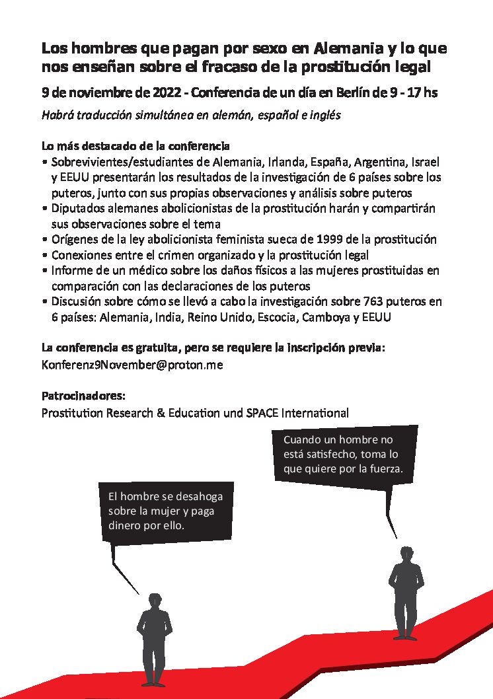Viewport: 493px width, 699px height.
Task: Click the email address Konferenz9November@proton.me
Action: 132,365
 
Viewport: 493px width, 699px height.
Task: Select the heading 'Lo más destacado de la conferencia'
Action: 135,145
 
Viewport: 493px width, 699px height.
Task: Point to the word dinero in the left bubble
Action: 125,527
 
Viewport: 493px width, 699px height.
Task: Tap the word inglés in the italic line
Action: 324,115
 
